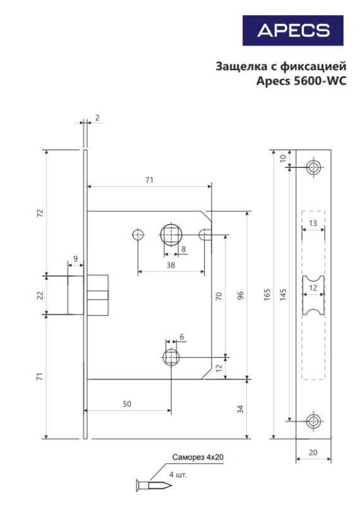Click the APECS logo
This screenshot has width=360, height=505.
[292, 30]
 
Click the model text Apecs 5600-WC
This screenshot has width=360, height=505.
[301, 81]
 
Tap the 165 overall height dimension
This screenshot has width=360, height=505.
[267, 295]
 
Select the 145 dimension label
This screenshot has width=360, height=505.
[283, 295]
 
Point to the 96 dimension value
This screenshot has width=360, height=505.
[241, 295]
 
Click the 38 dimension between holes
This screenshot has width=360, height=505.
[171, 264]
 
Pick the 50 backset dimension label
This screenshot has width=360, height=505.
[127, 404]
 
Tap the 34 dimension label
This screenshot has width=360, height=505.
[241, 409]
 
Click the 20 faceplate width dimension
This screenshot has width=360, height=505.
[313, 453]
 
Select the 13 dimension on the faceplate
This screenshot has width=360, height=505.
[313, 223]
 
